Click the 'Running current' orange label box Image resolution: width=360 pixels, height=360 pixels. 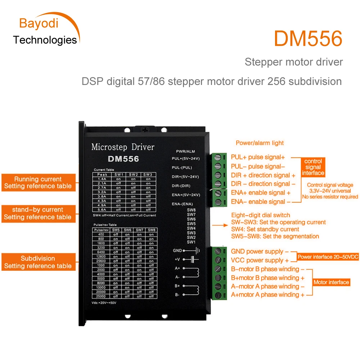(x=38, y=183)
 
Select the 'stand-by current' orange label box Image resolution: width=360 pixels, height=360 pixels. (x=38, y=213)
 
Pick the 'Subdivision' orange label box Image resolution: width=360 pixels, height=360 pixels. (x=38, y=262)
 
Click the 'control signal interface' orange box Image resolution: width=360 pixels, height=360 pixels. (x=313, y=167)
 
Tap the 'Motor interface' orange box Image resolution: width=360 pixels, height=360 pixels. (x=331, y=282)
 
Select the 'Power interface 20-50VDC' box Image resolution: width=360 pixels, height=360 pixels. (x=328, y=257)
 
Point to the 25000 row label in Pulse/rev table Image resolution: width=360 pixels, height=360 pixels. (x=101, y=296)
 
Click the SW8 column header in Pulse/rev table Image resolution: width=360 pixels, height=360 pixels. (x=151, y=230)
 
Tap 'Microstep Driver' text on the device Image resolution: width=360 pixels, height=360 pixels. (x=123, y=147)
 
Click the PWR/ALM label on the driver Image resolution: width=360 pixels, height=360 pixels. (x=185, y=151)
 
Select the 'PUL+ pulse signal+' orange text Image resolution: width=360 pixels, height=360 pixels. (x=258, y=157)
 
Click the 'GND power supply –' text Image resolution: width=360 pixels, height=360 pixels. (x=260, y=252)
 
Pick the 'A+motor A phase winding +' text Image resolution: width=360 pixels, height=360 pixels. (x=267, y=294)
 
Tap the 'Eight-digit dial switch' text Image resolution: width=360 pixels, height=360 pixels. (x=261, y=215)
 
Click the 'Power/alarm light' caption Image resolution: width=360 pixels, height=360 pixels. (x=260, y=143)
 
